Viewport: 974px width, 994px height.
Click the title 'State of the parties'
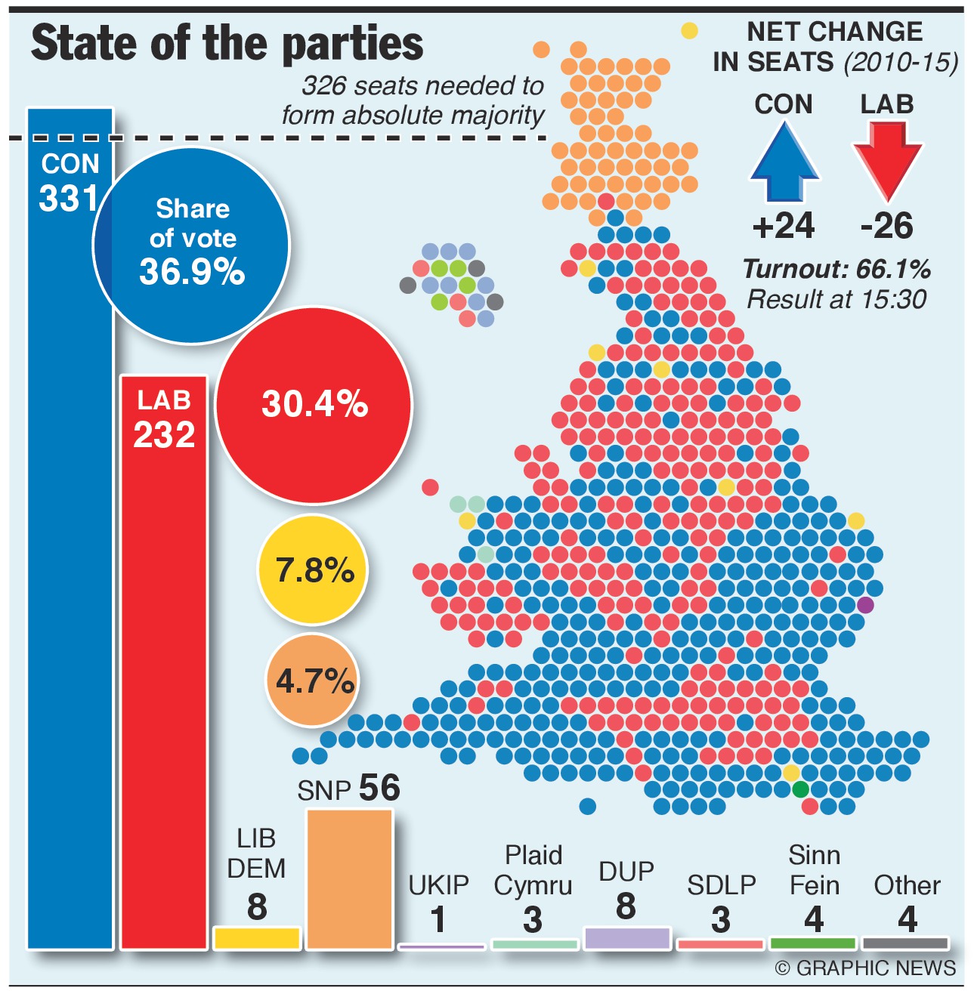tap(227, 43)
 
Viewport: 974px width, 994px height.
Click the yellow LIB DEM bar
tap(257, 937)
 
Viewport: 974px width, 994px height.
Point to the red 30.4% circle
tap(314, 405)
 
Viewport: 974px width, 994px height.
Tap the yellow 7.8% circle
tap(314, 570)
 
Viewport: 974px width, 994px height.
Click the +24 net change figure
tap(784, 226)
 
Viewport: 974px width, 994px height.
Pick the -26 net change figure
tap(887, 226)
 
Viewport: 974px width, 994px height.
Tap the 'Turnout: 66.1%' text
tap(836, 269)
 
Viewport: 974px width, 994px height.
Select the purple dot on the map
tap(865, 605)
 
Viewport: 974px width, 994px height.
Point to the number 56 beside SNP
tap(379, 788)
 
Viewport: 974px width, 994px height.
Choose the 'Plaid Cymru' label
tap(533, 870)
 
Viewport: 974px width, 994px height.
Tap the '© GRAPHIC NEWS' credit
tap(865, 968)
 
